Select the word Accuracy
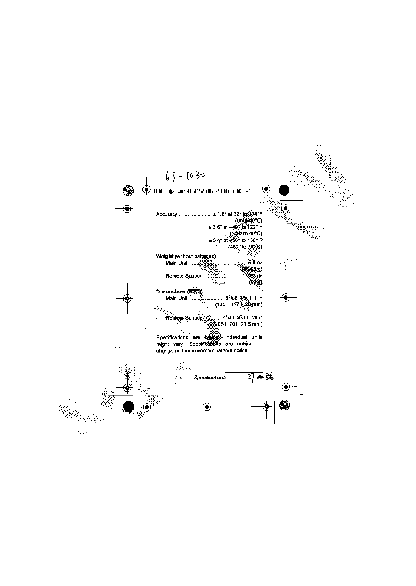tap(167, 214)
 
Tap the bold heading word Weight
tap(165, 256)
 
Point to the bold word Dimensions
tap(170, 292)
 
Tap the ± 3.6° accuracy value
tap(215, 227)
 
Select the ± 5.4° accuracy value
tap(215, 240)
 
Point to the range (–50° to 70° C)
tap(245, 247)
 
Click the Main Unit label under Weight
tap(176, 263)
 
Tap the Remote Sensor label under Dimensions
tap(184, 318)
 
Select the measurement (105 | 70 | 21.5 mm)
tap(238, 324)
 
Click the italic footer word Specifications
tap(210, 378)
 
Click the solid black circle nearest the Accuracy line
tap(284, 190)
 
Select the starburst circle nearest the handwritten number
tap(127, 190)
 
